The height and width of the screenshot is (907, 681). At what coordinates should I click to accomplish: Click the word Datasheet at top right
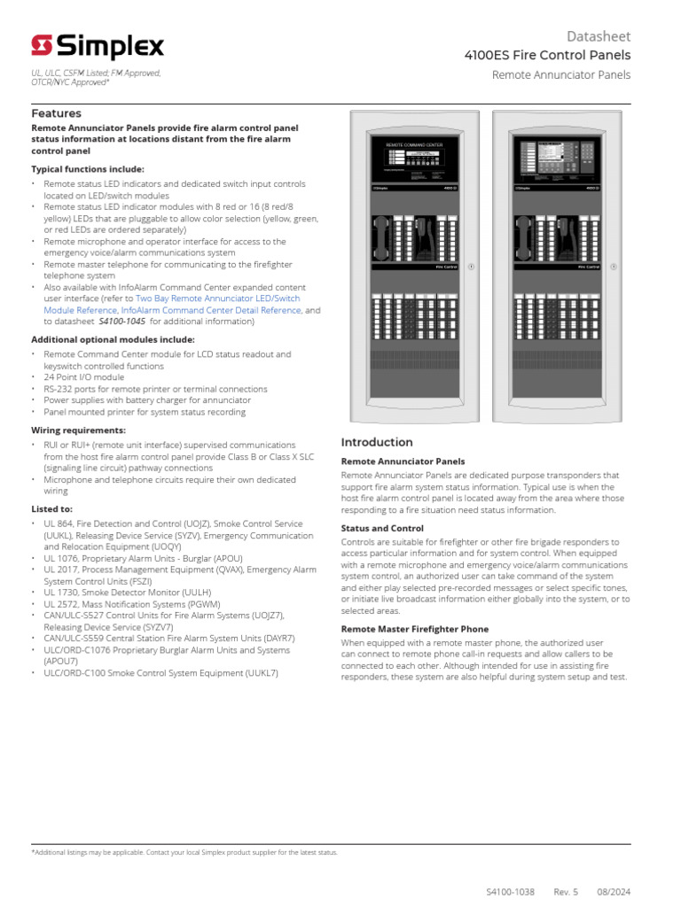(x=599, y=36)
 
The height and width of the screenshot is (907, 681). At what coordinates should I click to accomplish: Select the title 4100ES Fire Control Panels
(x=547, y=56)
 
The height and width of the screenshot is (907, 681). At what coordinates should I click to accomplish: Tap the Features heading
(x=56, y=113)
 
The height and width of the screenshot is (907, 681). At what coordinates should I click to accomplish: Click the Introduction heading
(x=377, y=442)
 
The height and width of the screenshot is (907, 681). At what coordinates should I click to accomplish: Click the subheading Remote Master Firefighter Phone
(x=415, y=629)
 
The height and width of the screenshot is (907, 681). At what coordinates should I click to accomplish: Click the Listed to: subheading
(x=52, y=509)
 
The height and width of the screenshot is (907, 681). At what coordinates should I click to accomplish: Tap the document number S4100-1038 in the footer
(x=510, y=892)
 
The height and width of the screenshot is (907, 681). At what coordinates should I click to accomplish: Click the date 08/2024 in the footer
(x=613, y=892)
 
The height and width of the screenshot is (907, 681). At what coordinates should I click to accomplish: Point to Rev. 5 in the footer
(x=566, y=892)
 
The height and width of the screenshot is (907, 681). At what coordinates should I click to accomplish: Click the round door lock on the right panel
(x=611, y=266)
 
